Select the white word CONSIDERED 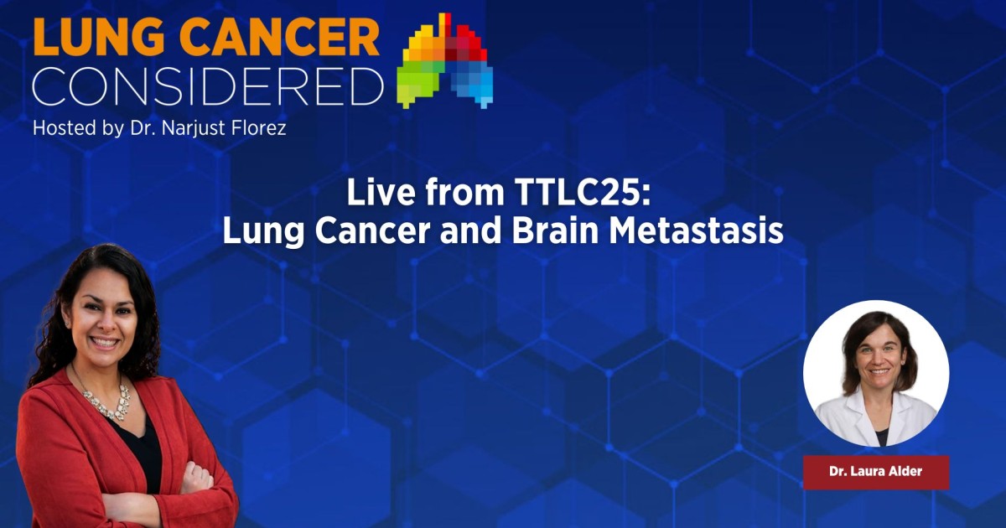point(209,85)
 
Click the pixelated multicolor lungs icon point(445,60)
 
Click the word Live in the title point(381,192)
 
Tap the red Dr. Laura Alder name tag point(876,471)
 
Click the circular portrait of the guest point(876,374)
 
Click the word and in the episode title point(470,230)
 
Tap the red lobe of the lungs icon point(464,43)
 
